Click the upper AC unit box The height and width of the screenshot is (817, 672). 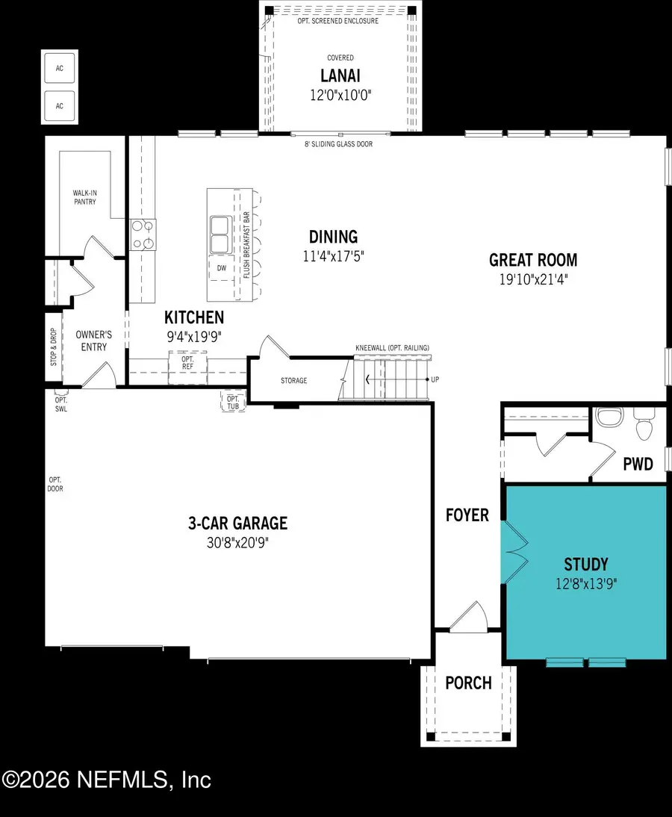(60, 68)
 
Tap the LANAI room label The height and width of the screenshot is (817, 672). (340, 76)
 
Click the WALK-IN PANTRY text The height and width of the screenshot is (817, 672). (84, 197)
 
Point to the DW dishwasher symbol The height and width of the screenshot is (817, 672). (220, 267)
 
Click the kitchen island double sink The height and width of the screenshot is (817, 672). (220, 234)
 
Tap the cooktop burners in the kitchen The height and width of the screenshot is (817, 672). (142, 234)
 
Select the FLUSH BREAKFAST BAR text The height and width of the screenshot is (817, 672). (246, 244)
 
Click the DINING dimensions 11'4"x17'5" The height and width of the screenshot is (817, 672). (334, 256)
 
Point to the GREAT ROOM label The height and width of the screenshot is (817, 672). (533, 260)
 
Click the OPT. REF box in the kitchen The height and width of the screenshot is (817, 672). (187, 364)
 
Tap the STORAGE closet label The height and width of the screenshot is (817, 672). (293, 381)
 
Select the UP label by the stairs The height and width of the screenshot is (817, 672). (435, 380)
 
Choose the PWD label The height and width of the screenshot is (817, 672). (638, 464)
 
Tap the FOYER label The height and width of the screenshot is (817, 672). (467, 515)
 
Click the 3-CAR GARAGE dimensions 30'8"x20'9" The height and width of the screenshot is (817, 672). (237, 543)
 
